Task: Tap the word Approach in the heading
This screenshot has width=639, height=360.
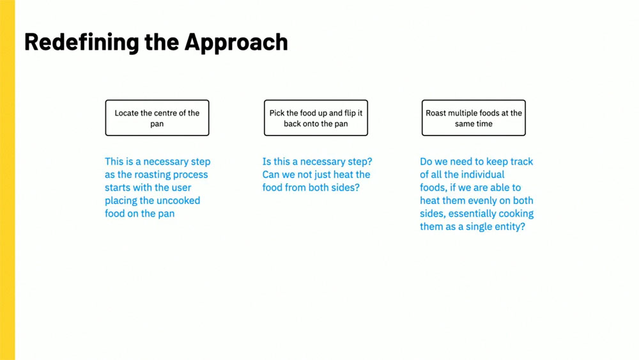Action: pos(236,43)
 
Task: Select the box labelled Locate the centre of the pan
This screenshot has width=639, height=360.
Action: pos(157,118)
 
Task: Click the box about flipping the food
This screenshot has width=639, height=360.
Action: pos(316,118)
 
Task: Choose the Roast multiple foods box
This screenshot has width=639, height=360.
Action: pos(473,118)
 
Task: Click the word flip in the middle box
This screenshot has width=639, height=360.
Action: pos(350,113)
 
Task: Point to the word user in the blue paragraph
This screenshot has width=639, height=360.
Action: pos(181,188)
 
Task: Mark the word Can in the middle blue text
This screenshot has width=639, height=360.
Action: pos(270,175)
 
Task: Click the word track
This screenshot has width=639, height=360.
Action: pos(521,162)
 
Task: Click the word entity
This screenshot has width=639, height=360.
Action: pos(510,227)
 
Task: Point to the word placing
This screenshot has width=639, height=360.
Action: pos(121,201)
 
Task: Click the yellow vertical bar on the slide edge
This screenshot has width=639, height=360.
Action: pos(7,180)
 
